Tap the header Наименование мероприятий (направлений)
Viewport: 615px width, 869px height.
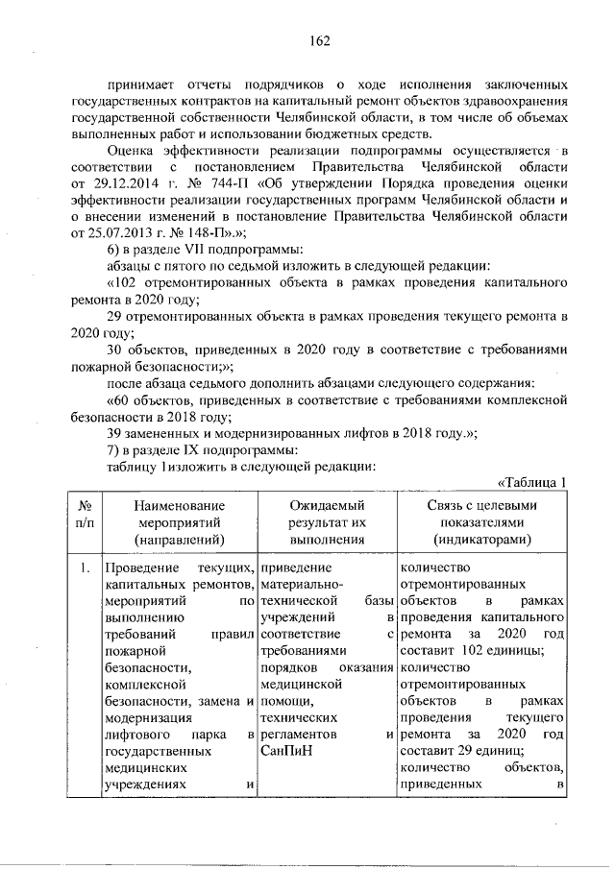pos(179,522)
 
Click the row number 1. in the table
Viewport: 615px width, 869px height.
pos(85,567)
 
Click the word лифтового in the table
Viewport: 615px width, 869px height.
pos(136,734)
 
